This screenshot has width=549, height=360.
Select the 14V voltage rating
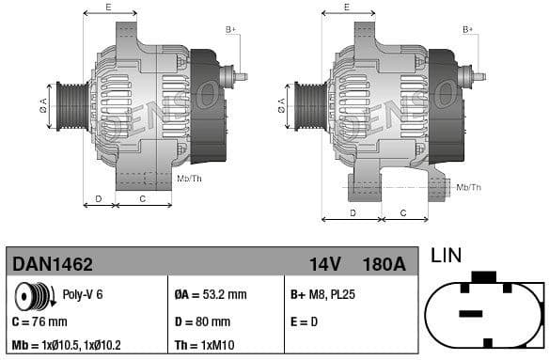click(325, 264)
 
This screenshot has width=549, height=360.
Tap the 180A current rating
click(384, 264)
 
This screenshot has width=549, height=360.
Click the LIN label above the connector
click(447, 256)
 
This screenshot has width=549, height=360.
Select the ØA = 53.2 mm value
click(212, 295)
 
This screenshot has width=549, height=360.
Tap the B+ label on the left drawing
click(230, 30)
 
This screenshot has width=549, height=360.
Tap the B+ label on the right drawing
click(467, 30)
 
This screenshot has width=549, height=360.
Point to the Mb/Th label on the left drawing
click(189, 178)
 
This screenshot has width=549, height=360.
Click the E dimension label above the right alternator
click(346, 8)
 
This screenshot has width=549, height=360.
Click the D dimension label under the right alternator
click(353, 212)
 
